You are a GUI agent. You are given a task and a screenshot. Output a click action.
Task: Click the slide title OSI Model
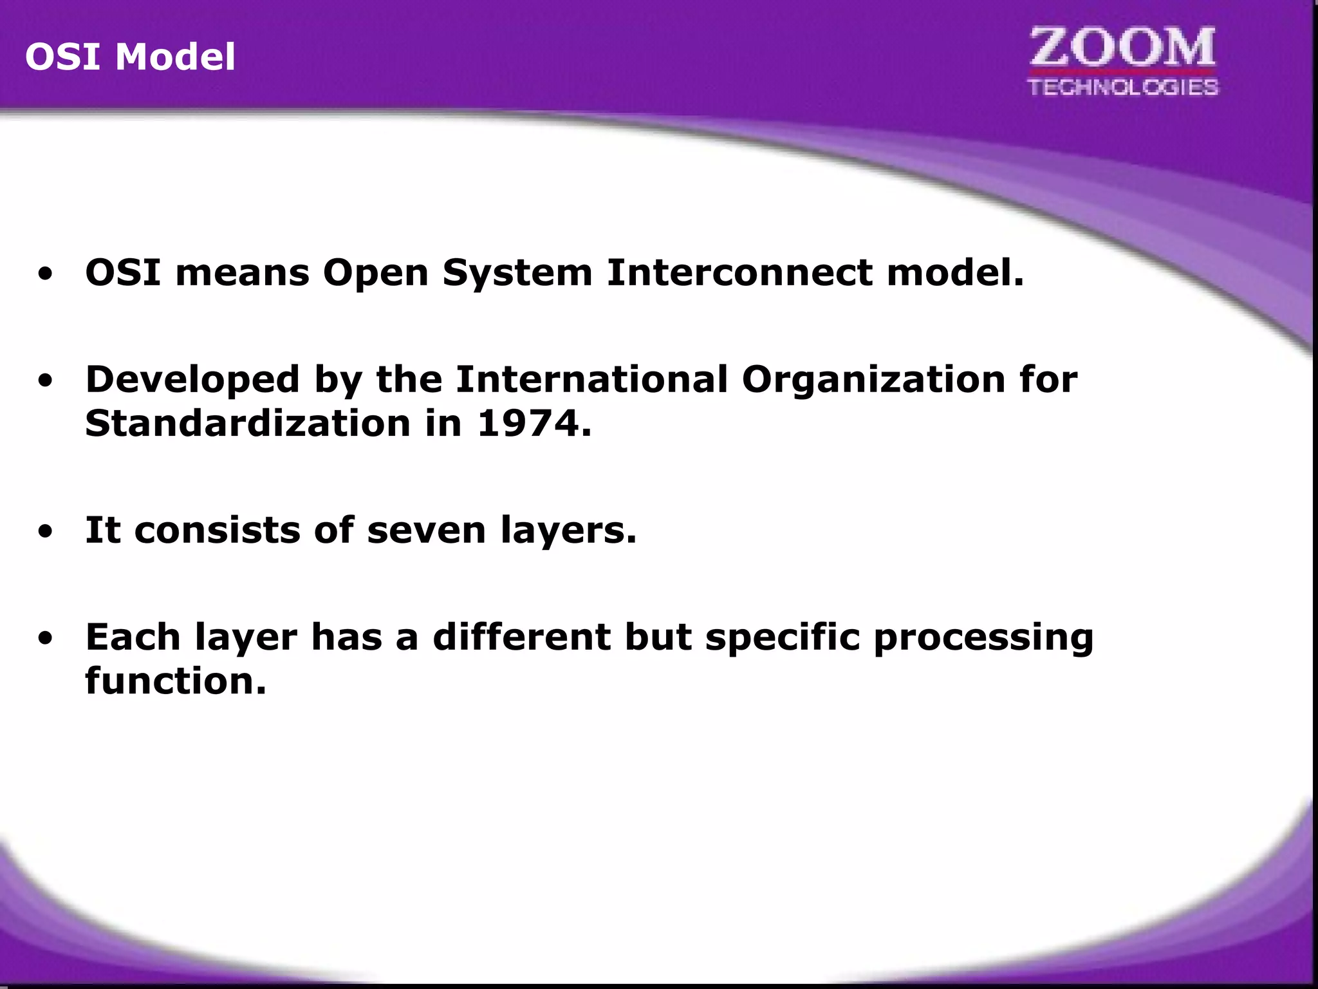(x=130, y=57)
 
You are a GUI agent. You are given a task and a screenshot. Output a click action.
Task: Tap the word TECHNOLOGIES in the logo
(x=1123, y=87)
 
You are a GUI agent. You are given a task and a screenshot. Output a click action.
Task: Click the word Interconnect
(x=739, y=272)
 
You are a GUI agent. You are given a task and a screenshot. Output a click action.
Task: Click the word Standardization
(x=248, y=424)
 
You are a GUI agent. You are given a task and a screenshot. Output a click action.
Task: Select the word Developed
(x=192, y=380)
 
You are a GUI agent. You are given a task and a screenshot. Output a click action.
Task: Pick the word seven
(x=426, y=531)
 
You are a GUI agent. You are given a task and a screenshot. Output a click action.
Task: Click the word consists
(x=218, y=531)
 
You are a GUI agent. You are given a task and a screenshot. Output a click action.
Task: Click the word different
(x=521, y=637)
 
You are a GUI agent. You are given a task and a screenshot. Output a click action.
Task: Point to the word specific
(x=783, y=638)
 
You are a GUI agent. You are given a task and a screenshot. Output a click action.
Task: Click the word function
(x=175, y=681)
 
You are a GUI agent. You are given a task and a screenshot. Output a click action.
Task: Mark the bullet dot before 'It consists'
(x=45, y=532)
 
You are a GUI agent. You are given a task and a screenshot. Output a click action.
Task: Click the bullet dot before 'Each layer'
(x=45, y=639)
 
